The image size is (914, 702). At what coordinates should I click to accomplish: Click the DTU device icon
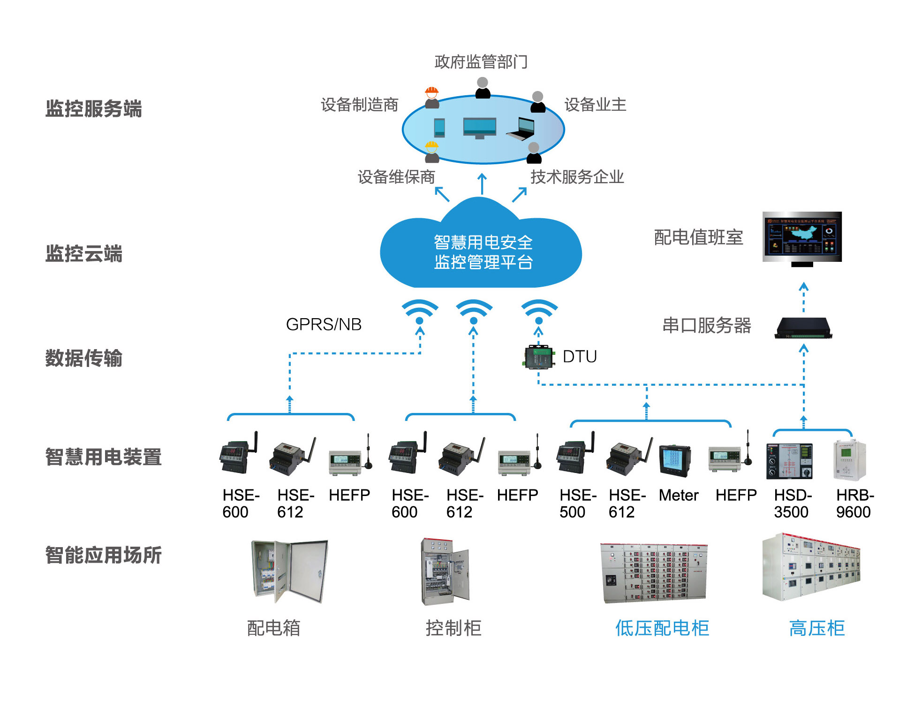point(538,357)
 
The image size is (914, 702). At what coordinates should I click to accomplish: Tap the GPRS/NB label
point(324,324)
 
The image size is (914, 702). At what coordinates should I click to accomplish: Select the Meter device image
point(675,460)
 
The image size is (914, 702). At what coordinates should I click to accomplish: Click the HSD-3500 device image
point(789,460)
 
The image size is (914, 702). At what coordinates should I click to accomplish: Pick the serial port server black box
point(803,328)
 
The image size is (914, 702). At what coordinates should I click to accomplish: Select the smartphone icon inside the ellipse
point(439,128)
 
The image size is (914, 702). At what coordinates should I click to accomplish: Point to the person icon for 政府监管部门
point(483,88)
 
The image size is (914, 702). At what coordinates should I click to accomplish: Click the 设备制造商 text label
point(359,105)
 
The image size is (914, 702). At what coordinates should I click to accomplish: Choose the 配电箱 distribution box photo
point(289,571)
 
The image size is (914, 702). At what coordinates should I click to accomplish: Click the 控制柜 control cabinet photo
point(445,572)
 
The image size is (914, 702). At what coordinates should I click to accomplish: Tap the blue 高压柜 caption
point(816,628)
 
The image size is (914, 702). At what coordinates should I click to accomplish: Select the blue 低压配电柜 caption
point(662,628)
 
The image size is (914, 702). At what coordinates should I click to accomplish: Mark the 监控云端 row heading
point(84,253)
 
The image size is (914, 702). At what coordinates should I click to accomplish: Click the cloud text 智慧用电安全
point(483,242)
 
